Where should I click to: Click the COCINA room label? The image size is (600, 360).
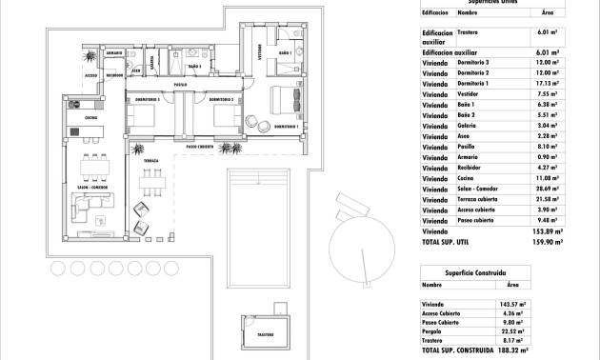click(91, 117)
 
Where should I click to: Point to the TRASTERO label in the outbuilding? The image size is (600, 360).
click(265, 335)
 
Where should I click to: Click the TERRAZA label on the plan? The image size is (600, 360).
click(151, 163)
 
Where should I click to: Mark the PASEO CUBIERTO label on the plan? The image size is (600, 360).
click(200, 147)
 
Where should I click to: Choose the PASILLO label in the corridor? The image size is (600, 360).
click(179, 86)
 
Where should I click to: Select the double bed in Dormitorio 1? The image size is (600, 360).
click(285, 99)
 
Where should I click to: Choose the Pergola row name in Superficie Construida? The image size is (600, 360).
click(432, 332)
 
